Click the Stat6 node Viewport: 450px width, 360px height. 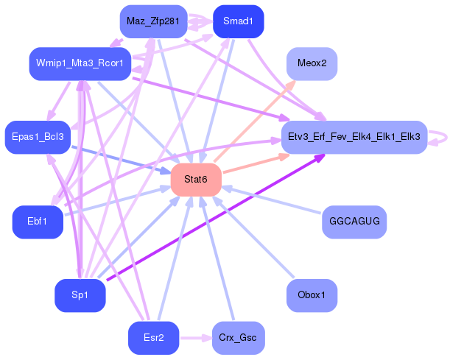pos(197,180)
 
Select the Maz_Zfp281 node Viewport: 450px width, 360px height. pos(152,21)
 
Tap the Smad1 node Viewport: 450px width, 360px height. pos(238,21)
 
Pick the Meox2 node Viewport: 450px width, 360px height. pos(312,63)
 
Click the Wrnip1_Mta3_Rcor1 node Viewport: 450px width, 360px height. pos(80,63)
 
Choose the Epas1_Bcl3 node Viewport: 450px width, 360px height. pos(38,136)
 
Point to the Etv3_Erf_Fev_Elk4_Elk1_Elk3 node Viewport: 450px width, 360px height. pos(354,136)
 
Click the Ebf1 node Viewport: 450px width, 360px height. pos(38,222)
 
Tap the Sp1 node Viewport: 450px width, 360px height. pos(80,295)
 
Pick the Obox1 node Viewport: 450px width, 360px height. pos(312,295)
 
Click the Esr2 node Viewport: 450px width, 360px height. pos(152,338)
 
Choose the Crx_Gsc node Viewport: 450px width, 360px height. pos(238,338)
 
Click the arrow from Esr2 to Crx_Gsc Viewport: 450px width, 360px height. pos(195,338)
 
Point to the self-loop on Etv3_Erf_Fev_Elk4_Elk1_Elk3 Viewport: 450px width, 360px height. pos(440,136)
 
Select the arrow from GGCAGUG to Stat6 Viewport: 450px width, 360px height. pos(273,200)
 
